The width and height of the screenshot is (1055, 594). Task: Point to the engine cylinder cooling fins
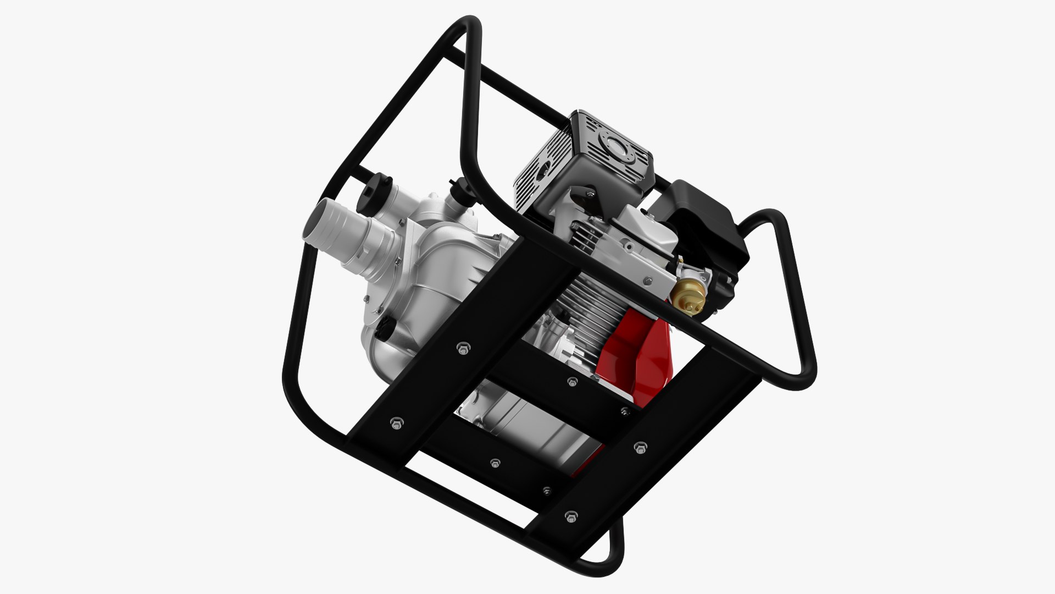click(593, 308)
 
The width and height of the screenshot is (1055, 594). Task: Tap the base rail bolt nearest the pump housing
click(463, 348)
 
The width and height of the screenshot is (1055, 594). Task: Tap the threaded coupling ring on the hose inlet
click(374, 250)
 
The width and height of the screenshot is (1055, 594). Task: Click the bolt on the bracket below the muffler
click(589, 194)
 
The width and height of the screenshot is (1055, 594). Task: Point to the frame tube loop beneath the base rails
click(610, 555)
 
